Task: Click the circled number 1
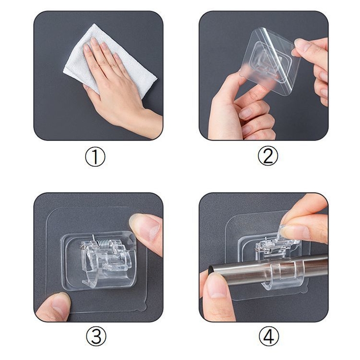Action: (x=95, y=157)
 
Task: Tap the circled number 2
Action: (x=268, y=156)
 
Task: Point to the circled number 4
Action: (x=269, y=336)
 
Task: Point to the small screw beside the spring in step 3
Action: (x=81, y=247)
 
